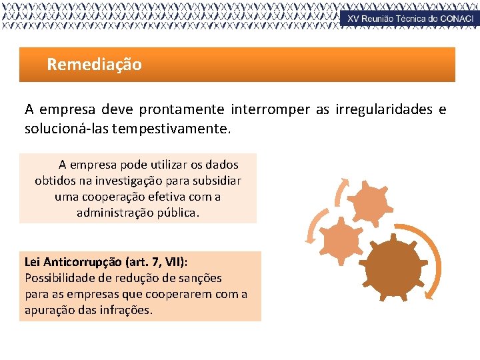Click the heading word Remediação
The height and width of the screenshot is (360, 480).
[x=94, y=65]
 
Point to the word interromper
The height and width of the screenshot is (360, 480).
[x=270, y=109]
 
